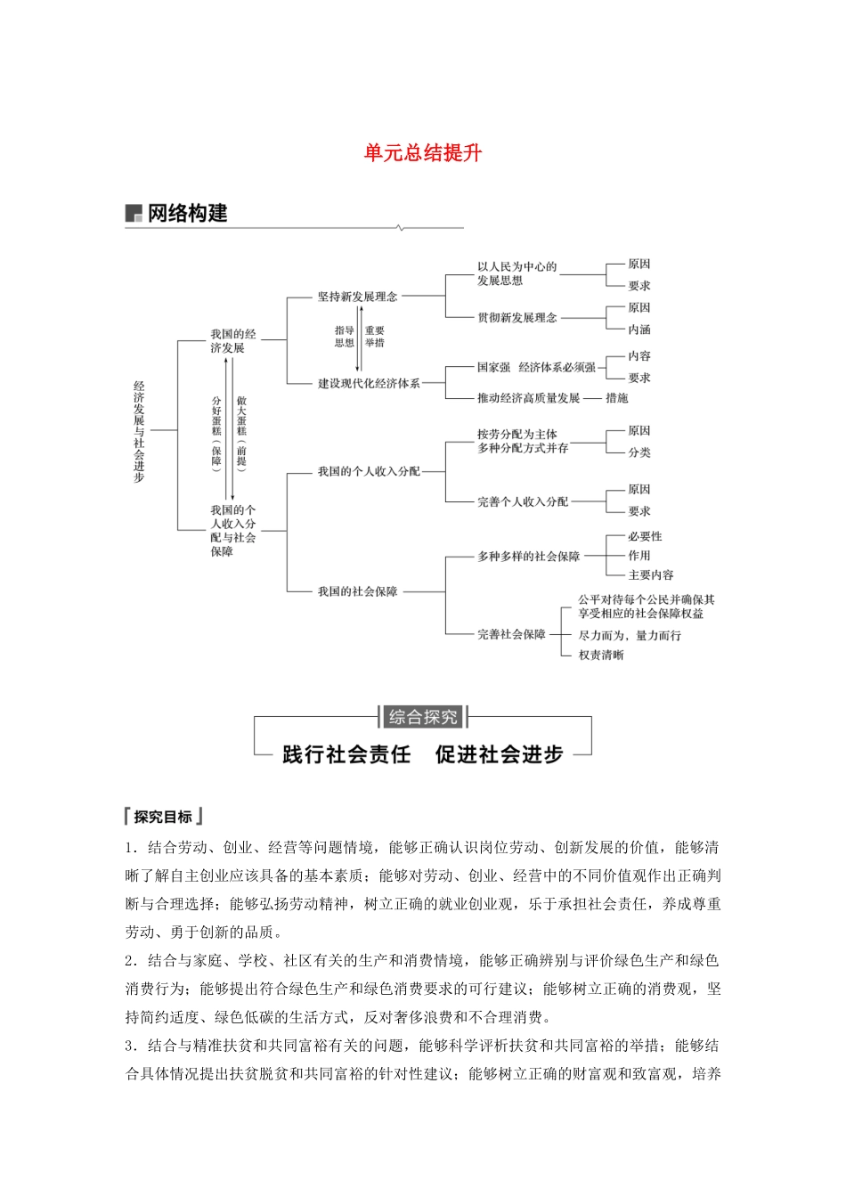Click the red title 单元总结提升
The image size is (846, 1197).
click(423, 153)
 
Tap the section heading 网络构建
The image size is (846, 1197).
click(187, 214)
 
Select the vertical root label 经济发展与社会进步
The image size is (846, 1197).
click(139, 432)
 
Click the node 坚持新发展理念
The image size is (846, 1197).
click(357, 297)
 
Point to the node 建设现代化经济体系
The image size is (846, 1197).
click(369, 384)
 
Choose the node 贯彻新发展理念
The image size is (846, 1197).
click(517, 318)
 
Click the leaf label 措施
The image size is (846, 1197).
click(617, 398)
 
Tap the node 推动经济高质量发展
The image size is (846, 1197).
click(528, 398)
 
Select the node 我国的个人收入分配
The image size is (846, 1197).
click(369, 471)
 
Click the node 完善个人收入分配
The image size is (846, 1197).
click(522, 502)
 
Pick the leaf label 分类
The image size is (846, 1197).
click(639, 452)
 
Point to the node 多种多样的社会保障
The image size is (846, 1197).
click(528, 557)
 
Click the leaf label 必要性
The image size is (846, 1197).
click(645, 537)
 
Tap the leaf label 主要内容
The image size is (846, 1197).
click(651, 575)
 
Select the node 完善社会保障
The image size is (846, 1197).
click(511, 635)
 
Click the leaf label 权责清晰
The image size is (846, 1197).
click(601, 655)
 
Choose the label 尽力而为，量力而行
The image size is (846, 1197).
click(630, 636)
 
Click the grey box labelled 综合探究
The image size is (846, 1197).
click(423, 717)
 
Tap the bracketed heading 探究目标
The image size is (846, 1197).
click(164, 817)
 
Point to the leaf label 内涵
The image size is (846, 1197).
click(639, 330)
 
